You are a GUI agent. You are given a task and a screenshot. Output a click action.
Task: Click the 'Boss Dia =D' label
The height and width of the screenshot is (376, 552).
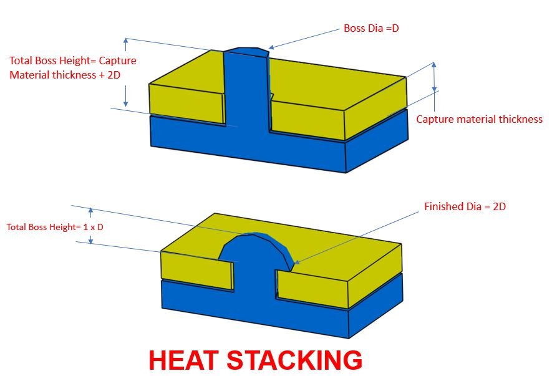tap(371, 28)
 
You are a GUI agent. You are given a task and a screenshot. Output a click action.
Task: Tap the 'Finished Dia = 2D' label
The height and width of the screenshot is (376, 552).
tap(465, 206)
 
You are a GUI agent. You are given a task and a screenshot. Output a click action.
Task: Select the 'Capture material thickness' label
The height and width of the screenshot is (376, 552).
tap(479, 119)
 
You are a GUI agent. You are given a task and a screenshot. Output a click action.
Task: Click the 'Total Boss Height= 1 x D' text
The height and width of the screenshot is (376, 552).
tap(55, 227)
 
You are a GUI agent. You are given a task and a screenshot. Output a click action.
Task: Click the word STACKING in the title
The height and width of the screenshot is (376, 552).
tap(294, 360)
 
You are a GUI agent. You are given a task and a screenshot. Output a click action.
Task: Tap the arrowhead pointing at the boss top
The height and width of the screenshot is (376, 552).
tap(271, 47)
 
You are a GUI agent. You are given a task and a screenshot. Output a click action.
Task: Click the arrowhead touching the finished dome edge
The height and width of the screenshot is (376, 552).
tap(296, 262)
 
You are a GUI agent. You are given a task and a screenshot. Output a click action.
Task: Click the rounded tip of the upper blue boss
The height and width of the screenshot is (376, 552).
tap(246, 51)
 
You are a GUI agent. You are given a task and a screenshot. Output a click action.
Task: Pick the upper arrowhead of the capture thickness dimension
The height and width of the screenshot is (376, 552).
tap(434, 65)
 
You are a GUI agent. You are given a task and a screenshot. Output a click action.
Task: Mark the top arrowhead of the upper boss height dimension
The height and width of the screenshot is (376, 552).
tap(125, 41)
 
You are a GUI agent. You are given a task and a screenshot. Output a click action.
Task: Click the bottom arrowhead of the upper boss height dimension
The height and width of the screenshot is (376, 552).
tap(125, 104)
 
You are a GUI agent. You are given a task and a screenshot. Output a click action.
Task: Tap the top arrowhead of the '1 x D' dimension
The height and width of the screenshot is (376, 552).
tap(91, 211)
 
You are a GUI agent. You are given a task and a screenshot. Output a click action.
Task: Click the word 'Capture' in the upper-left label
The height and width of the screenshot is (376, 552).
tap(117, 60)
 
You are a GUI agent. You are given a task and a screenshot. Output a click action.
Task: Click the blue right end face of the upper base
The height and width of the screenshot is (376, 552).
tap(377, 140)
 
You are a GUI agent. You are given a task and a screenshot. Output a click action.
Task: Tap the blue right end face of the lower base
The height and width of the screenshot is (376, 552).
tap(375, 306)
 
